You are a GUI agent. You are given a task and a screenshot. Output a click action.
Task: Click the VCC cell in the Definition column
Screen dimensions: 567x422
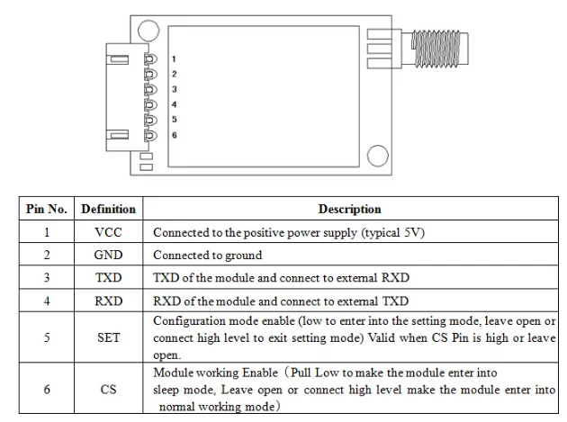click(109, 232)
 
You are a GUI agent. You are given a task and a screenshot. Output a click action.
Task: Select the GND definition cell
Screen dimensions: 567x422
click(109, 255)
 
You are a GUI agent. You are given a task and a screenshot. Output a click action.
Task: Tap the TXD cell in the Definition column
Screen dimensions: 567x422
click(109, 278)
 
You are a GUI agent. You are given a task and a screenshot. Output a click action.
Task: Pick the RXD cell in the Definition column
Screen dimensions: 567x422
click(109, 301)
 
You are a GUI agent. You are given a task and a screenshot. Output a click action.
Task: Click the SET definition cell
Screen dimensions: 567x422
click(109, 337)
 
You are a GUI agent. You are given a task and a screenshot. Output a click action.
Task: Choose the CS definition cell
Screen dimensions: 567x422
click(109, 390)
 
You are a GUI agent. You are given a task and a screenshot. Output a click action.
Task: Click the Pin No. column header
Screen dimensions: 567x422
click(47, 209)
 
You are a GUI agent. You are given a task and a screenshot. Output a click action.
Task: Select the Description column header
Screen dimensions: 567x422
click(350, 209)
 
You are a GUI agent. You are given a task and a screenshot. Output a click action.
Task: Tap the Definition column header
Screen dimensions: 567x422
click(109, 209)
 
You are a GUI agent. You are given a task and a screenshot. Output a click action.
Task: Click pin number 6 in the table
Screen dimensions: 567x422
click(47, 390)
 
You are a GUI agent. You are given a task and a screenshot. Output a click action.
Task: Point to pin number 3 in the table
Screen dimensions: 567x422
click(47, 278)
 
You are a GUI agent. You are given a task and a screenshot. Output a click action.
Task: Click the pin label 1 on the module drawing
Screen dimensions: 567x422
click(174, 59)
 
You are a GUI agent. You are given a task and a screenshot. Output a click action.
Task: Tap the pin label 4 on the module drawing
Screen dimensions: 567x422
click(175, 104)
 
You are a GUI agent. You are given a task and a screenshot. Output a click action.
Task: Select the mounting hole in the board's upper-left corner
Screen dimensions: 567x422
click(148, 31)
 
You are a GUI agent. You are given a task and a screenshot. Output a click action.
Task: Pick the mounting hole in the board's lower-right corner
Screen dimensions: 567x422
click(377, 156)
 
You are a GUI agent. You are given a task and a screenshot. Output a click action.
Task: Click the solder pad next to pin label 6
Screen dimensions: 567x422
click(150, 136)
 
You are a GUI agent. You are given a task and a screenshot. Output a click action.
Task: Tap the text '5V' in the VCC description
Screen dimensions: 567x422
click(411, 232)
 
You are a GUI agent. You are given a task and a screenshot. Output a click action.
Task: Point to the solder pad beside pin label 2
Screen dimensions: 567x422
click(150, 74)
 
